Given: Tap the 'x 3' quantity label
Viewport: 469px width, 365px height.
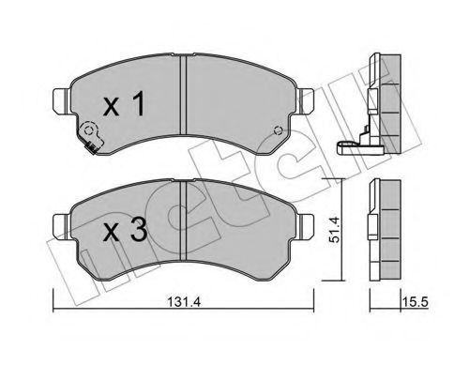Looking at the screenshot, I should point(125,229).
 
